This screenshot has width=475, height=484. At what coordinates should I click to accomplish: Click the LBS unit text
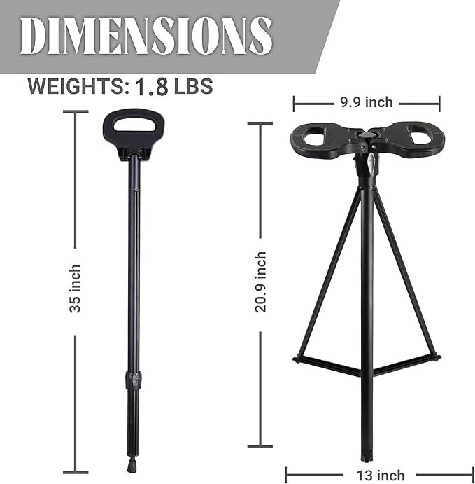tap(194, 87)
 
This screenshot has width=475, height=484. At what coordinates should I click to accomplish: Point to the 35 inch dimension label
tap(75, 288)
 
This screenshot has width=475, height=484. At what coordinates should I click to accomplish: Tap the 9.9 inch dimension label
tap(367, 103)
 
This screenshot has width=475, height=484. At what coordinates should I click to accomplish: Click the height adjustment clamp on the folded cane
tap(129, 381)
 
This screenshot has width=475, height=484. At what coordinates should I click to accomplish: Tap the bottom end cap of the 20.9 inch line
tap(260, 445)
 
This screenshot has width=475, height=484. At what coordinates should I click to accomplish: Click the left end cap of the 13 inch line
tap(288, 474)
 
